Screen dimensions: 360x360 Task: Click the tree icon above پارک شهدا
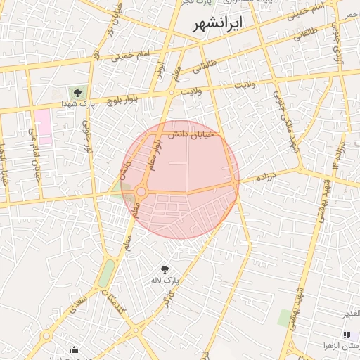click(x=77, y=92)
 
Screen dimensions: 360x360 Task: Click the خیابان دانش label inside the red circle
click(x=188, y=134)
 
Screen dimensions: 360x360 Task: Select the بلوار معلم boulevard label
click(x=152, y=154)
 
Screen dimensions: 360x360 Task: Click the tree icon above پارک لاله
click(x=165, y=269)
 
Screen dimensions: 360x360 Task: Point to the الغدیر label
click(x=350, y=313)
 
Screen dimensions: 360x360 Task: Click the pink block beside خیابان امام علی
click(x=44, y=126)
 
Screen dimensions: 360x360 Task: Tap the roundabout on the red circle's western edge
click(x=141, y=191)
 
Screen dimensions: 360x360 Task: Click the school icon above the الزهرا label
click(x=346, y=335)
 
